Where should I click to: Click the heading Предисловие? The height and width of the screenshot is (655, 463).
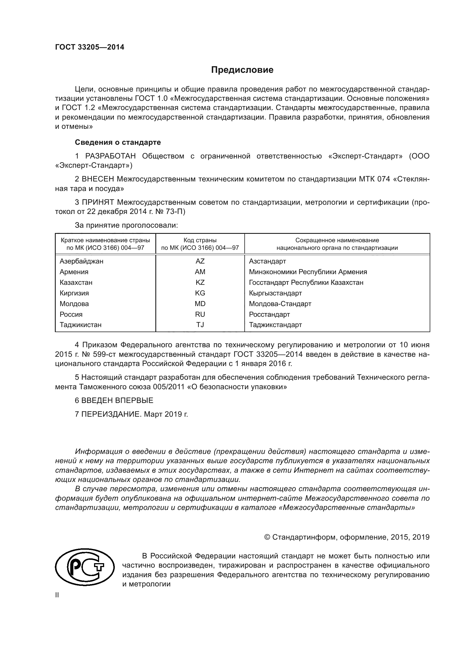point(242,70)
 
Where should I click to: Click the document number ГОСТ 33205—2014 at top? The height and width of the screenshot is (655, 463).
point(90,47)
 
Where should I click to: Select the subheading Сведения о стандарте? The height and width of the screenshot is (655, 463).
point(118,142)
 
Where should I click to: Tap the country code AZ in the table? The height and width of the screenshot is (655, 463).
point(200,261)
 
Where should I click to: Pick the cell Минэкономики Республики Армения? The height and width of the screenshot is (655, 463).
point(308,272)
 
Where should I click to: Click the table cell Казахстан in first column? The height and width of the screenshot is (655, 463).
point(76,283)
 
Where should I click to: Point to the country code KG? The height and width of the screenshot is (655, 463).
point(200,293)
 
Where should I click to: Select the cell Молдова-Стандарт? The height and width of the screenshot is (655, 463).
point(280,304)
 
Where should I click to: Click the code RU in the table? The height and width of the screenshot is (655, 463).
point(200,314)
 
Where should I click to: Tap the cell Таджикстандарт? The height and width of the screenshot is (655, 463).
point(275,325)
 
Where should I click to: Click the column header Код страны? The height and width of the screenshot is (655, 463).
point(200,240)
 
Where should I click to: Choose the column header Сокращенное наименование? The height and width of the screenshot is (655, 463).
point(337,240)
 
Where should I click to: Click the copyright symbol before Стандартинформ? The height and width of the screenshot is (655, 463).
point(267,537)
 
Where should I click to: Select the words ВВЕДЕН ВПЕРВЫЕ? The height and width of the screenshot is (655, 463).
point(117,400)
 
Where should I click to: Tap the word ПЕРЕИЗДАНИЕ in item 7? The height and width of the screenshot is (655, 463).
point(111,414)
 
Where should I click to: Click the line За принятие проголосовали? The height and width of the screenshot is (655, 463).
point(126,225)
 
